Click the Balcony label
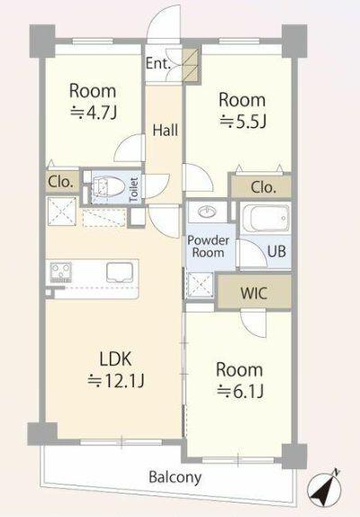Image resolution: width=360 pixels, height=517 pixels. pyautogui.click(x=175, y=477)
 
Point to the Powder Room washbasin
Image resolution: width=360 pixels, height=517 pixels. pyautogui.click(x=206, y=211)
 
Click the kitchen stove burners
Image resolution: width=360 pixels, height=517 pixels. pyautogui.click(x=60, y=272)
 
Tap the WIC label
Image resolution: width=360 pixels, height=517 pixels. pyautogui.click(x=254, y=293)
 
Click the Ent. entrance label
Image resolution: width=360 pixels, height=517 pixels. pyautogui.click(x=158, y=63)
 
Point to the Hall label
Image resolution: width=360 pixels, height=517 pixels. pyautogui.click(x=166, y=130)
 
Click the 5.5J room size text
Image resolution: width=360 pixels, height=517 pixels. pyautogui.click(x=243, y=122)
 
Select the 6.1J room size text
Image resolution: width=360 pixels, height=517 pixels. pyautogui.click(x=240, y=392)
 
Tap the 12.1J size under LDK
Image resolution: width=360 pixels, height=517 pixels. pyautogui.click(x=115, y=381)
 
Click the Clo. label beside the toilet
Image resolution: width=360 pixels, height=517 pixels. pyautogui.click(x=60, y=182)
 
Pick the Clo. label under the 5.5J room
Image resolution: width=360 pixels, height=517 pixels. pyautogui.click(x=263, y=187)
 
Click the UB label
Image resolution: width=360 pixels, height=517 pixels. pyautogui.click(x=276, y=251)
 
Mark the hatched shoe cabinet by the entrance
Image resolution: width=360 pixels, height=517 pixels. pyautogui.click(x=192, y=64)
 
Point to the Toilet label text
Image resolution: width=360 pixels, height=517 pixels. pyautogui.click(x=134, y=190)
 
